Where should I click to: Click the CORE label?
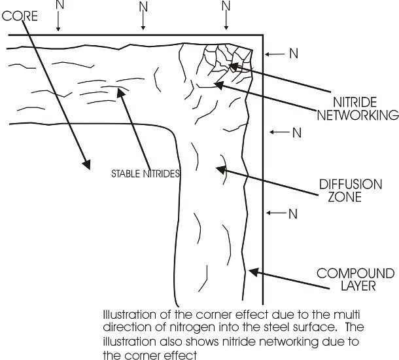click(20, 16)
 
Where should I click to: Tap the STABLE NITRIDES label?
click(146, 173)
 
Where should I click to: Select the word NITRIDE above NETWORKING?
click(355, 102)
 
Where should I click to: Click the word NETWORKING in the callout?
click(358, 115)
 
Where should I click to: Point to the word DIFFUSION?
click(351, 185)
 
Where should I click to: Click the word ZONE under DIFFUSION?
click(345, 197)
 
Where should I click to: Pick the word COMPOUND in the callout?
click(355, 274)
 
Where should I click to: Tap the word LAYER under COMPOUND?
click(358, 285)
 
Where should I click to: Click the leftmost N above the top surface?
click(60, 5)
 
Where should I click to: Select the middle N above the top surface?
click(143, 7)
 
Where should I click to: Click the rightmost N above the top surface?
click(226, 6)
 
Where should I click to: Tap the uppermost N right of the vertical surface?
click(294, 54)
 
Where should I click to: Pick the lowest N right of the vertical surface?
click(293, 214)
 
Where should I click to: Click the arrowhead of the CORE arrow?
click(87, 165)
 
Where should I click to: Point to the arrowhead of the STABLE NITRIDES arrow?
click(120, 92)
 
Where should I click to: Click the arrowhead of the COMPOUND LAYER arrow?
click(253, 272)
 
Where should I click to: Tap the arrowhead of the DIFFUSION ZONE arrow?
click(220, 170)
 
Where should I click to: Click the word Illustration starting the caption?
click(130, 315)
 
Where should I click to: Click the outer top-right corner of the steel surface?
click(263, 35)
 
